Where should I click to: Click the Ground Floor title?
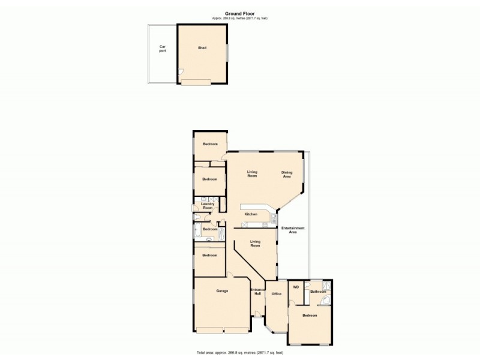tap(240, 13)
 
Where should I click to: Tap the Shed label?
tap(202, 48)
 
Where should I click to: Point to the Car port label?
tap(162, 49)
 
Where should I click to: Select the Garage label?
tap(222, 291)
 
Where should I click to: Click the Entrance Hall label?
tap(257, 292)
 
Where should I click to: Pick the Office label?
tap(277, 294)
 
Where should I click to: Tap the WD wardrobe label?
tap(296, 287)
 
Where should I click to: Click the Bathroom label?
tap(318, 292)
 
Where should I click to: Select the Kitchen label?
tap(251, 214)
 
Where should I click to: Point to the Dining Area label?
tap(287, 175)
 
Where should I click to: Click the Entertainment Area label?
tap(293, 230)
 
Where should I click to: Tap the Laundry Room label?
tap(208, 206)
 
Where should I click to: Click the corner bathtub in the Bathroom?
tap(326, 302)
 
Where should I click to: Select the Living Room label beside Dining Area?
tap(253, 174)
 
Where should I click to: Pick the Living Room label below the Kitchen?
tap(255, 244)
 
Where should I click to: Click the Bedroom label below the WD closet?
tap(310, 315)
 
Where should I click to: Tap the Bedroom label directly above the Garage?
tap(209, 255)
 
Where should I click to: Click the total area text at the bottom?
tap(240, 352)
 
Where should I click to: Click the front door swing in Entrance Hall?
tap(257, 314)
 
